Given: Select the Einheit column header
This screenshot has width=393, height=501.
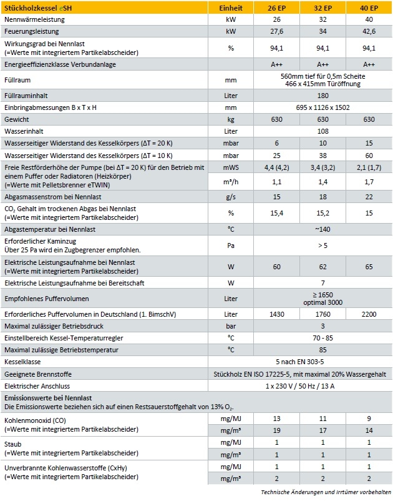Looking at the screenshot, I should pyautogui.click(x=231, y=8).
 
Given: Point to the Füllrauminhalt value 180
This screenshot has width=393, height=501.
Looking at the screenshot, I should pyautogui.click(x=323, y=96).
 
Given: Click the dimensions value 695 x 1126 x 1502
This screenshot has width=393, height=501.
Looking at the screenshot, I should pyautogui.click(x=323, y=107).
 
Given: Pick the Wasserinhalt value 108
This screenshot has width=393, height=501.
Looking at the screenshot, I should pyautogui.click(x=323, y=131).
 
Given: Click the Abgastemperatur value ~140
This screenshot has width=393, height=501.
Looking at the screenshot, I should pyautogui.click(x=323, y=230).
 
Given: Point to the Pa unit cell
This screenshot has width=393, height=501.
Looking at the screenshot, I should pyautogui.click(x=231, y=246).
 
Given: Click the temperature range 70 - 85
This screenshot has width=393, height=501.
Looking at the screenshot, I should pyautogui.click(x=323, y=338).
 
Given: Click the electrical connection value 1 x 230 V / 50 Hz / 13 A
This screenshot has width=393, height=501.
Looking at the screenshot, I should pyautogui.click(x=323, y=386).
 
